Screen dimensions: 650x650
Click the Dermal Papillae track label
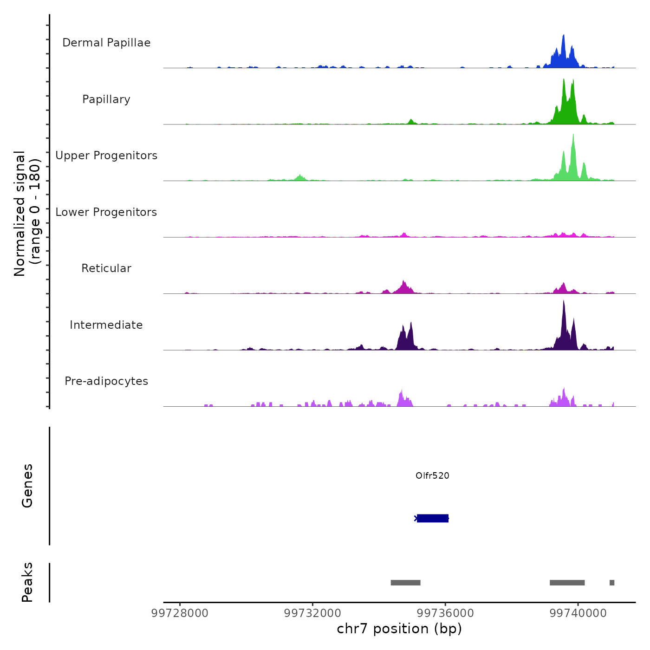(106, 43)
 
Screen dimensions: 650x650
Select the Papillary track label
(106, 99)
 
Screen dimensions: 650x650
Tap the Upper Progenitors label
(106, 156)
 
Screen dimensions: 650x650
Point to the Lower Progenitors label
(106, 212)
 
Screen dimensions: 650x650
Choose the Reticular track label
(106, 268)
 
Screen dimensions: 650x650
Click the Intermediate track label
(106, 325)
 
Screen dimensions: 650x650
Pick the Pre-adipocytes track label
(106, 381)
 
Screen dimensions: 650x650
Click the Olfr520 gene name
(432, 476)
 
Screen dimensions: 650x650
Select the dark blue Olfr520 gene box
(433, 518)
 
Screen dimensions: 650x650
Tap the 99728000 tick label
(180, 613)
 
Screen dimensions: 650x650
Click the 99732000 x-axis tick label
(312, 613)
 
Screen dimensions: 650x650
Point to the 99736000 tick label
(445, 613)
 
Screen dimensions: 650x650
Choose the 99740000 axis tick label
(578, 613)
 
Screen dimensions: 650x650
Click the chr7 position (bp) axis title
(399, 629)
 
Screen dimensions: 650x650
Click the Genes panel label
(27, 486)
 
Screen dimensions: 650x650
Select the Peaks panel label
(27, 582)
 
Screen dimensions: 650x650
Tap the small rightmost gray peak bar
(612, 583)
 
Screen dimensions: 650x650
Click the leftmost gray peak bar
(405, 583)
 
